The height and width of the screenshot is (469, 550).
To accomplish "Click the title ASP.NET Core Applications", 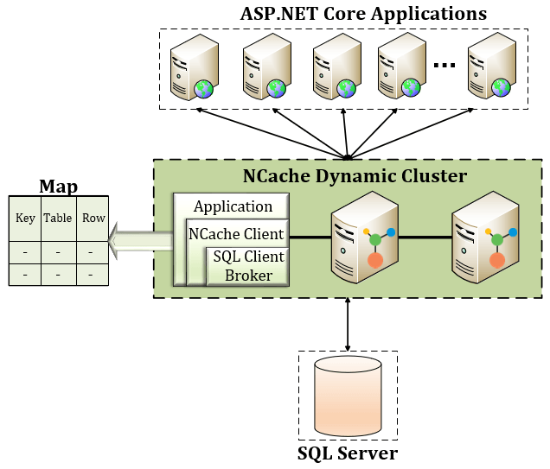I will (x=362, y=14).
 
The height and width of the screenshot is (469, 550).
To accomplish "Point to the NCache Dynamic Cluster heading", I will (x=354, y=176).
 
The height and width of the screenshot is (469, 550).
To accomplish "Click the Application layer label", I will (x=233, y=206).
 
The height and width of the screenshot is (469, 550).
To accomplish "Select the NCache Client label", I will (x=235, y=234).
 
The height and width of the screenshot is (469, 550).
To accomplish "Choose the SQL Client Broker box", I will (x=248, y=266).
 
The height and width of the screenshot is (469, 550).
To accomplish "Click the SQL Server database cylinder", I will (x=347, y=396).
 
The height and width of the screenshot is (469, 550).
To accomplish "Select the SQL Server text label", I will (x=347, y=453).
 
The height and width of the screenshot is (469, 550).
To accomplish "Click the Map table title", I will (x=58, y=187).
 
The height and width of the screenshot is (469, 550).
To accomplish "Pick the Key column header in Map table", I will (x=25, y=218).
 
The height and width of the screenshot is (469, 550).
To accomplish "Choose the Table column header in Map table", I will (x=58, y=218).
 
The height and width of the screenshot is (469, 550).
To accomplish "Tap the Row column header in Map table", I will (x=93, y=218).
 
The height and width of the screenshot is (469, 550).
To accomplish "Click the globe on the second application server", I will (x=276, y=87).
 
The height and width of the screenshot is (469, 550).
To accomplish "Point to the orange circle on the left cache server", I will (x=375, y=260).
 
